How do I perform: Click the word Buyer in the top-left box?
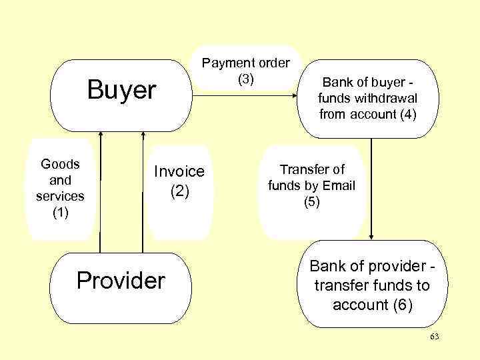click(122, 90)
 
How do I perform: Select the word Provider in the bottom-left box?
click(120, 281)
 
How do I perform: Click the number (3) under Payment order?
click(246, 79)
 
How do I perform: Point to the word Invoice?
click(180, 171)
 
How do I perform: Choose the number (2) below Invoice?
click(180, 191)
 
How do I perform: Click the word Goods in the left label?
click(60, 164)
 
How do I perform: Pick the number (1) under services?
click(60, 213)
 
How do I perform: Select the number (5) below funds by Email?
click(312, 202)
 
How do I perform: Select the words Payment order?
click(246, 63)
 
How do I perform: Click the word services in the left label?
click(60, 197)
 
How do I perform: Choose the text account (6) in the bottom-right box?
click(372, 305)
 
